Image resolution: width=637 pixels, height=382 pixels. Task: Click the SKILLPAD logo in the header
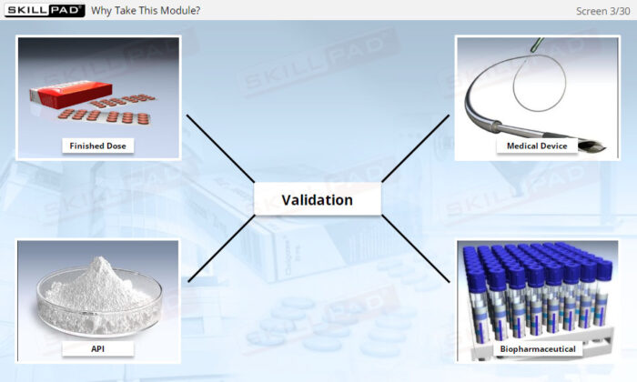pos(45,10)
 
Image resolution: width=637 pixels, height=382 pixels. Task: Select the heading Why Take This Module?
pos(146,11)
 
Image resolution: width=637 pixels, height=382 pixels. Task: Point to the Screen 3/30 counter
pos(602,11)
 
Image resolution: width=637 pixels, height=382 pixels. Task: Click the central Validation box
pos(318,199)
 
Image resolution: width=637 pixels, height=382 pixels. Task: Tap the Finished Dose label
pos(98,146)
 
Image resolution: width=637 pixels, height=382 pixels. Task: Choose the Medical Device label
pos(537,146)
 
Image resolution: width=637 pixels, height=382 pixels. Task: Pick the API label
pos(98,348)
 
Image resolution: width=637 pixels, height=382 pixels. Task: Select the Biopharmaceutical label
pos(538,348)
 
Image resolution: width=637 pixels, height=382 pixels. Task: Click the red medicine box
pos(71,94)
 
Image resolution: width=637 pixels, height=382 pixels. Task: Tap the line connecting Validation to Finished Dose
pos(220,148)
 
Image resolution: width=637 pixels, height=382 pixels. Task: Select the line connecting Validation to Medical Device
pos(416,148)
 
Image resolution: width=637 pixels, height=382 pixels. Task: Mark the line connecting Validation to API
pos(221,248)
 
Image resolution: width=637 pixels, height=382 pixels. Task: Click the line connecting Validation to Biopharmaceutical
pos(416,248)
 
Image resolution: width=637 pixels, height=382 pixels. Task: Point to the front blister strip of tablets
pos(105,117)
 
